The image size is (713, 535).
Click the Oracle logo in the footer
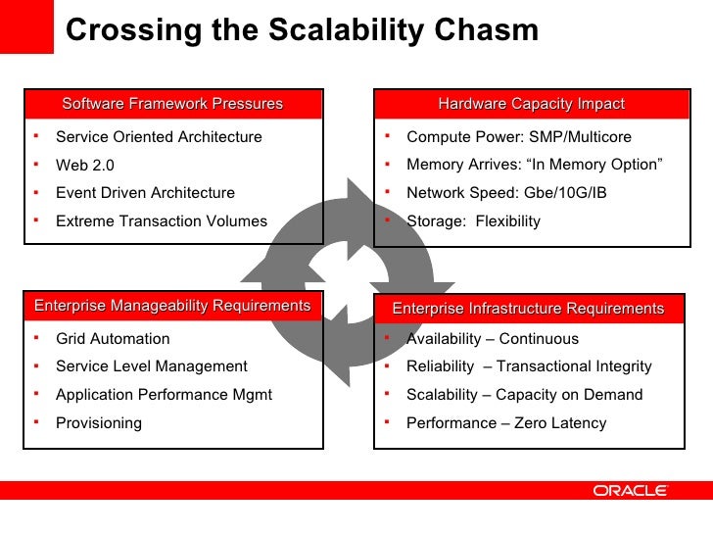tap(629, 490)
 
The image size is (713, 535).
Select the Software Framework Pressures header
tap(172, 104)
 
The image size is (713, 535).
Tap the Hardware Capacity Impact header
tap(531, 104)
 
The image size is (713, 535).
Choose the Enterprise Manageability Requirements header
tap(172, 306)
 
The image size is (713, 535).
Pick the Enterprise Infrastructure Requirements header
tap(528, 309)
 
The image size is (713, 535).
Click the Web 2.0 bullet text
tap(85, 166)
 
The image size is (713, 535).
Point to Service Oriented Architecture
tap(159, 137)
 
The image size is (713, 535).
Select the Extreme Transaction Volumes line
tap(162, 221)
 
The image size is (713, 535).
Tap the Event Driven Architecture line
tap(145, 193)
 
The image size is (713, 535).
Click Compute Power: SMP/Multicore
tap(519, 137)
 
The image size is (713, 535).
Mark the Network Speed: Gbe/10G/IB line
tap(506, 193)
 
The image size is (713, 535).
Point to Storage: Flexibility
tap(473, 221)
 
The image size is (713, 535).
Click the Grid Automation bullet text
tap(113, 339)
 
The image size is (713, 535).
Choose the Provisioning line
tap(99, 423)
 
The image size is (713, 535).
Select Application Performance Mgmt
tap(164, 395)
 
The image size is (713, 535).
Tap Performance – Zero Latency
tap(506, 423)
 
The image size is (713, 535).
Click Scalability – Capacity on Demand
tap(524, 395)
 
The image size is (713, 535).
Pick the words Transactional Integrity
tap(574, 366)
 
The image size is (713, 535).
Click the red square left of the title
tap(26, 26)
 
